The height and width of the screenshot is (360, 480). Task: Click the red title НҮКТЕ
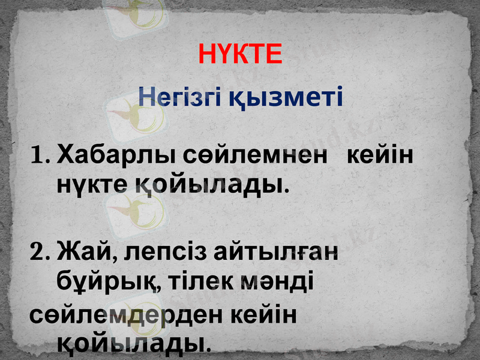tap(240, 55)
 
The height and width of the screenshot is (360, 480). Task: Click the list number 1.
tap(38, 157)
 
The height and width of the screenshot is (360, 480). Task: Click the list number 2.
tap(39, 254)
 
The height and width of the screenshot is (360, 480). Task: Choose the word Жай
tap(82, 253)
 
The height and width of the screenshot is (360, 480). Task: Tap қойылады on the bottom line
tap(133, 344)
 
